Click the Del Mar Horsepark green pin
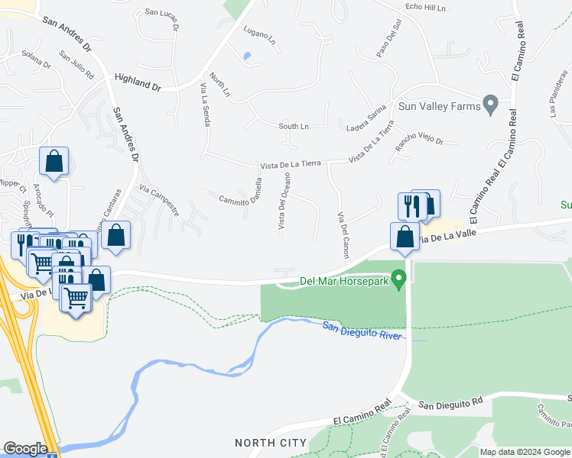398,281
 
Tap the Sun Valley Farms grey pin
492,105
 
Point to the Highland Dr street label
137,82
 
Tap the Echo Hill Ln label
425,7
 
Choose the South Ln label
294,126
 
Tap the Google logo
24,449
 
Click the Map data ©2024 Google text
524,452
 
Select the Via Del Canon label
342,235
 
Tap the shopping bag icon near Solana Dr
54,162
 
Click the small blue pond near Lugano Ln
245,56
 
